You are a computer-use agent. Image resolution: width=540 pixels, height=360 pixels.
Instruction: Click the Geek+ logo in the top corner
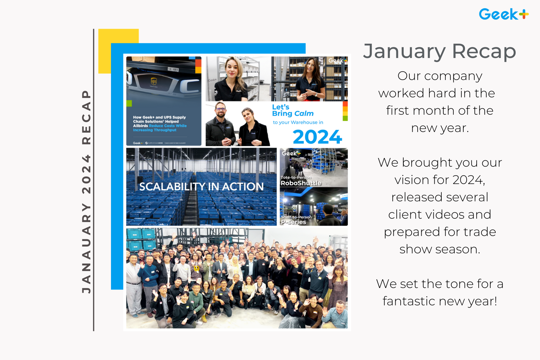(503, 14)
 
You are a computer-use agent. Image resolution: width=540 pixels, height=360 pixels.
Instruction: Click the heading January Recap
(439, 51)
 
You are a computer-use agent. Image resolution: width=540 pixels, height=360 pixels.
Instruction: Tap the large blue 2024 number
(317, 137)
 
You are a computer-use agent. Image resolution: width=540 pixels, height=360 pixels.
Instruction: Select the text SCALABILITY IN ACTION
(201, 187)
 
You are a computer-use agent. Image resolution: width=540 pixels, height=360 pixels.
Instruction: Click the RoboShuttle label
(301, 183)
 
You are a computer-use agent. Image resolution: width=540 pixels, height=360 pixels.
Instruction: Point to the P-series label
(293, 222)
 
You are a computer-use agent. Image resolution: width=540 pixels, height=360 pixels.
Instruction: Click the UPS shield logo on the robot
(154, 81)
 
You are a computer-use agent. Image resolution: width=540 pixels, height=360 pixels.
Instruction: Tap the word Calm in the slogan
(304, 114)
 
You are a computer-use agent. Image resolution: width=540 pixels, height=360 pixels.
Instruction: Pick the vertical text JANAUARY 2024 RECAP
(86, 192)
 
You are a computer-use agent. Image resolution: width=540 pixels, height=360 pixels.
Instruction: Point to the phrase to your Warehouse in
(298, 122)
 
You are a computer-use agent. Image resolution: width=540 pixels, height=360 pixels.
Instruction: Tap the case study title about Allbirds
(160, 124)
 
